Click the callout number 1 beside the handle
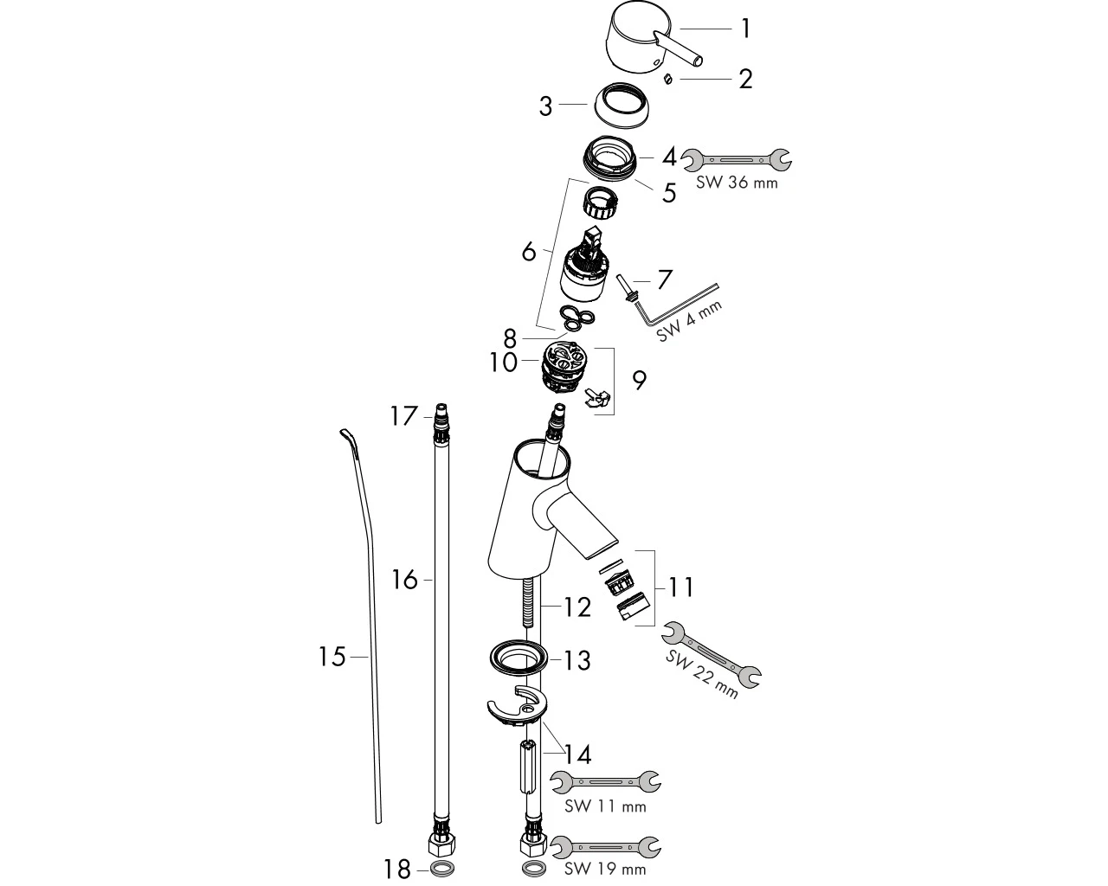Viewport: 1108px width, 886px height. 745,29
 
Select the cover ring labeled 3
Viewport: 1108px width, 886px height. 622,105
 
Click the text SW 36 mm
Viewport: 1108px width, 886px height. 737,183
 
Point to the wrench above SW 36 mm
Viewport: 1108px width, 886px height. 737,159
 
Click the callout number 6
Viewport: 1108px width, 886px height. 529,252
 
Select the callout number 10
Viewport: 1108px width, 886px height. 503,363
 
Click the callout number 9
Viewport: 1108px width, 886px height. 639,381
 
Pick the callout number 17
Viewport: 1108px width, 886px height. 403,416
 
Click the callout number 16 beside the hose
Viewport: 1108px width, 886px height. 404,580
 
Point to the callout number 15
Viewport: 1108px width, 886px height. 332,657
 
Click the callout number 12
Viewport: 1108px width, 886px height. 577,607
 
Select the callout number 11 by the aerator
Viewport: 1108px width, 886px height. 680,587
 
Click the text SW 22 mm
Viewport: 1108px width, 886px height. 701,673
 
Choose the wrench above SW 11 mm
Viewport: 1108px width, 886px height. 606,782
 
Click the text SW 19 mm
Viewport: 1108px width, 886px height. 605,870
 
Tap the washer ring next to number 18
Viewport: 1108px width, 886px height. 441,869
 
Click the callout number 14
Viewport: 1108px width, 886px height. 578,755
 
